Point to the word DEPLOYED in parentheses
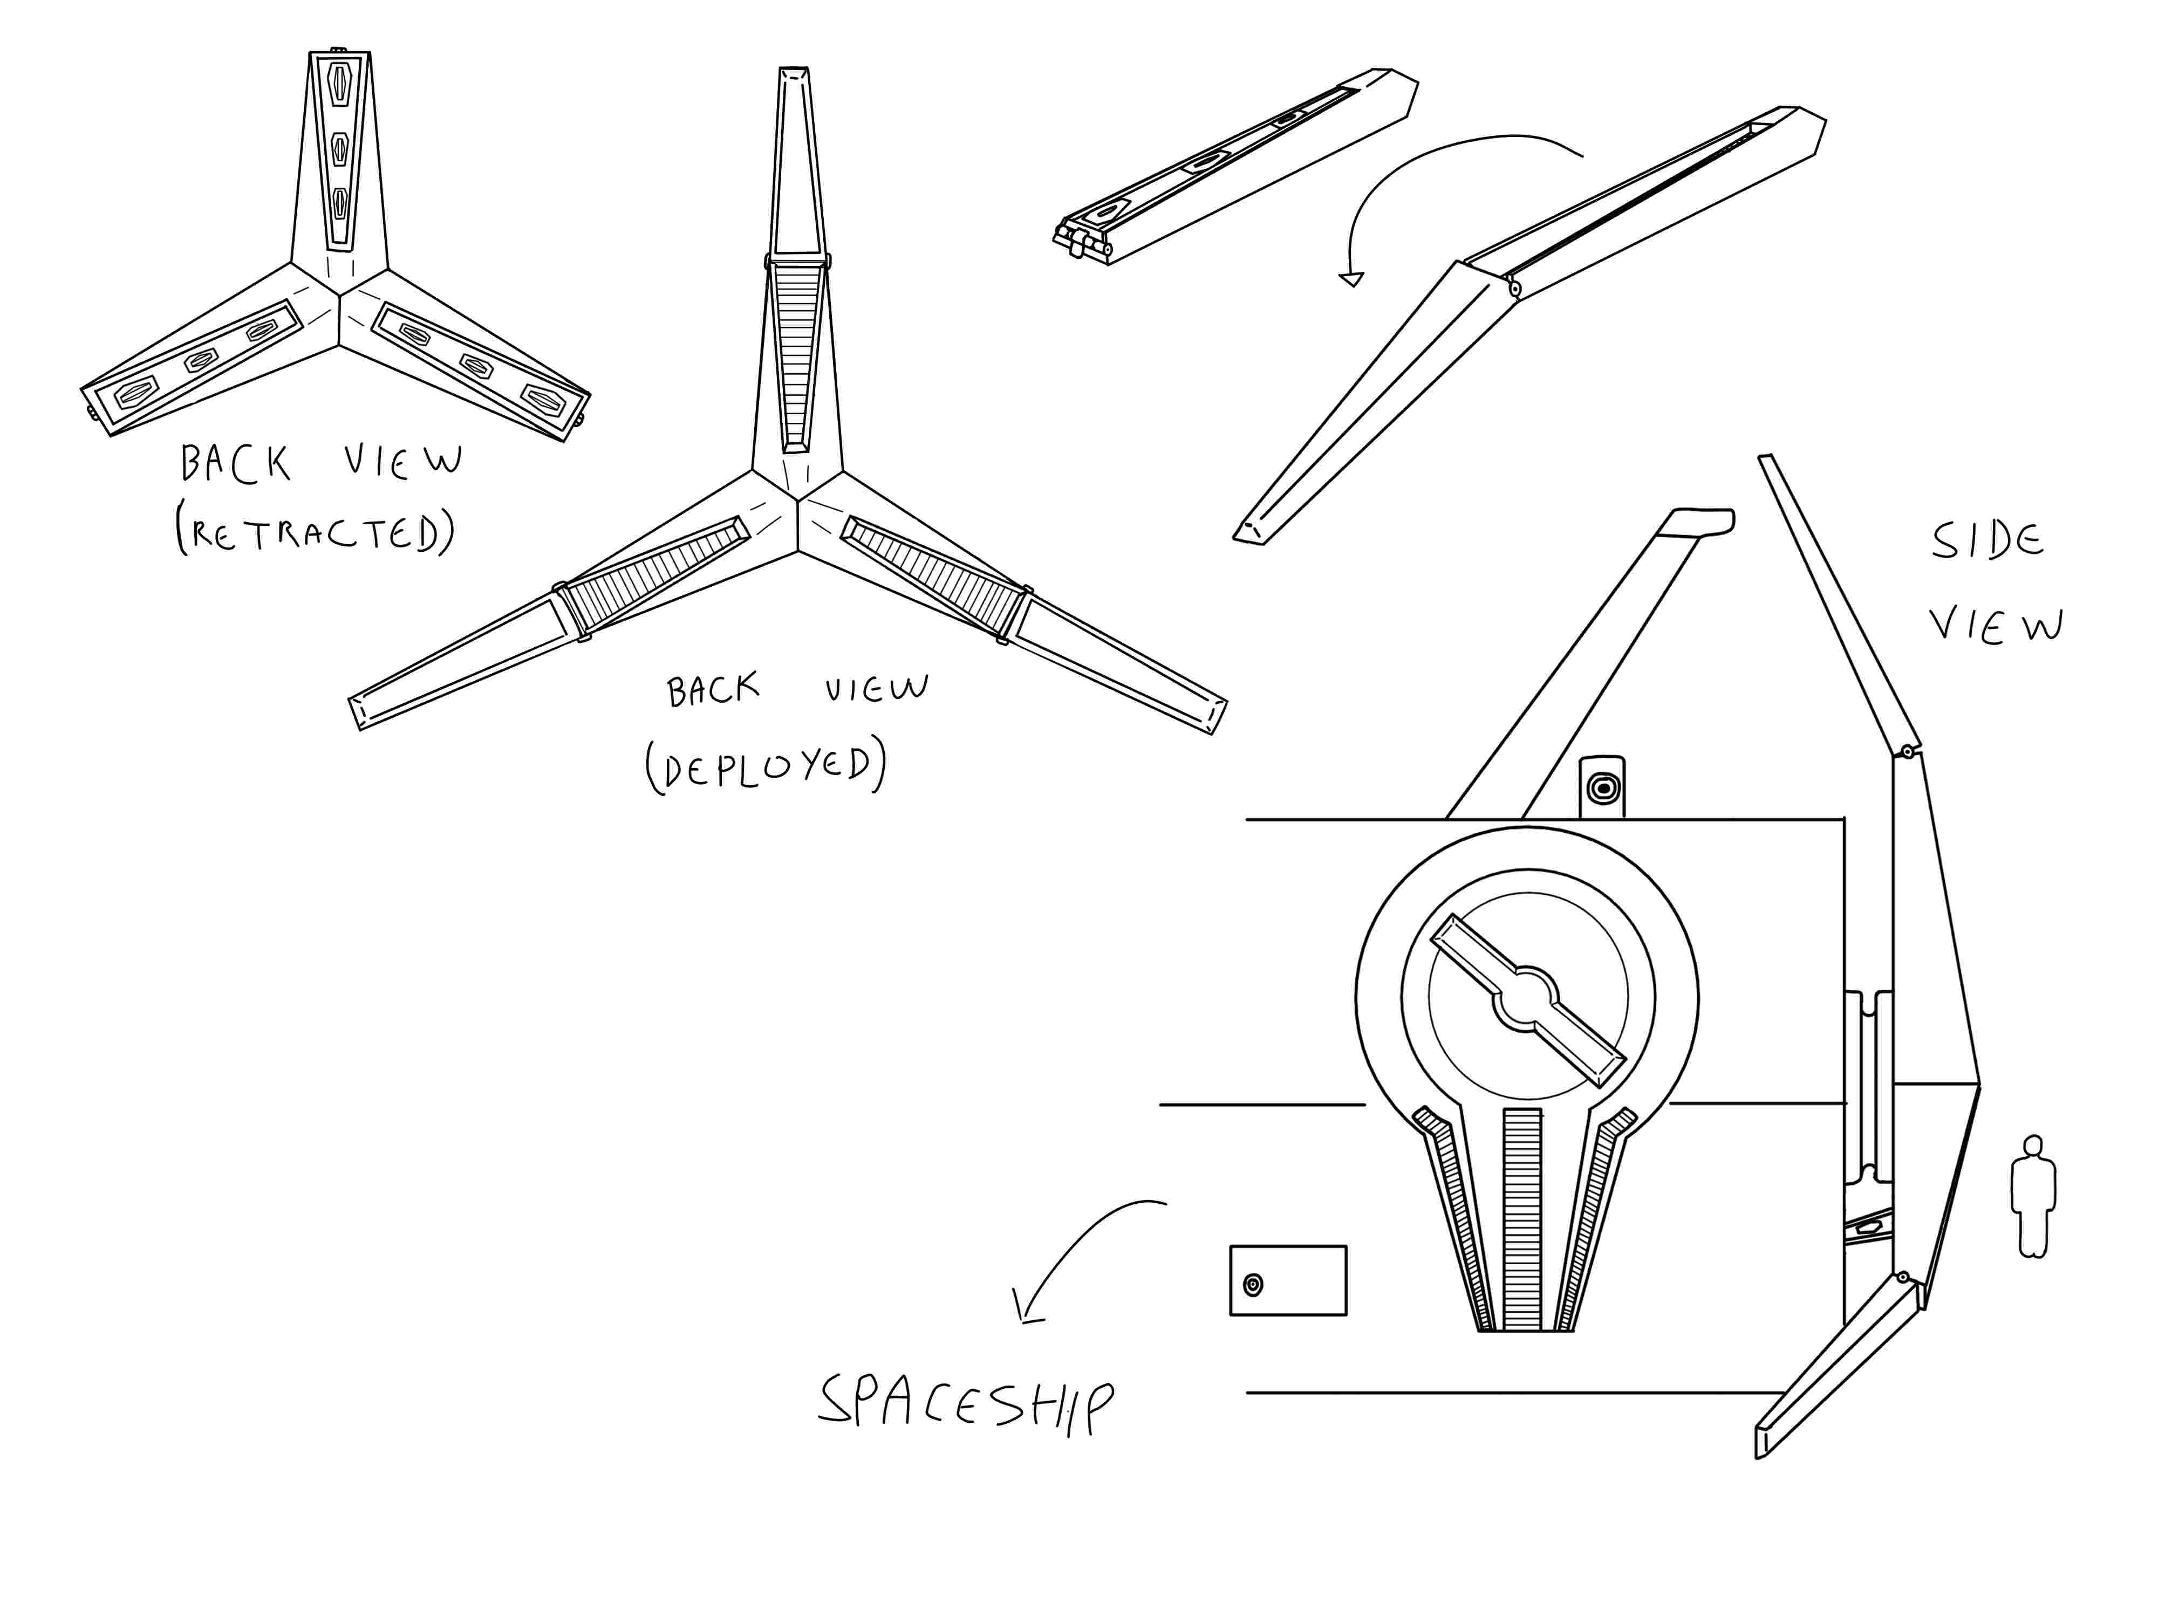(x=766, y=766)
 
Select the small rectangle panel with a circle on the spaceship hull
(x=1288, y=1280)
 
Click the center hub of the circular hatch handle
(x=1528, y=1000)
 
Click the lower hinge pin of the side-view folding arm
(x=1902, y=1277)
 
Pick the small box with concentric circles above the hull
(x=1602, y=787)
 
